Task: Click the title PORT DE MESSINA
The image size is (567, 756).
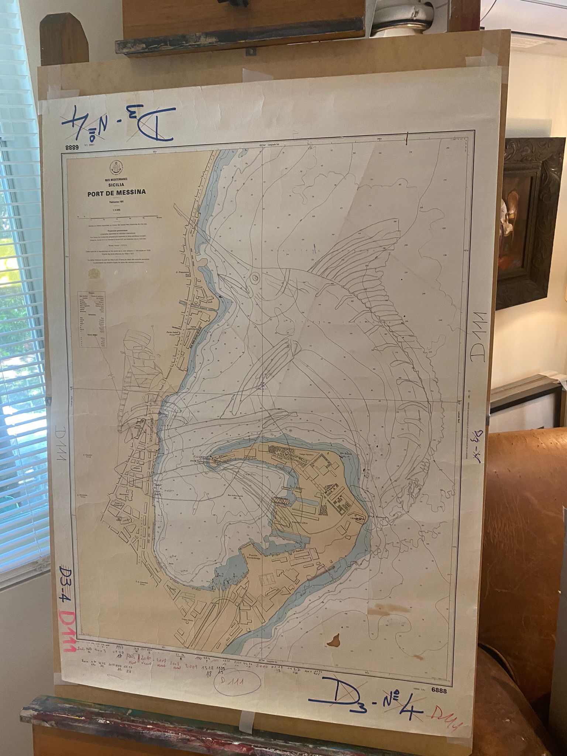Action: point(116,192)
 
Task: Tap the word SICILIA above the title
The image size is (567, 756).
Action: point(116,184)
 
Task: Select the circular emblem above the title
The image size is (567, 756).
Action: point(116,168)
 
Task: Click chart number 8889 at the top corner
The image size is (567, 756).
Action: point(72,148)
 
